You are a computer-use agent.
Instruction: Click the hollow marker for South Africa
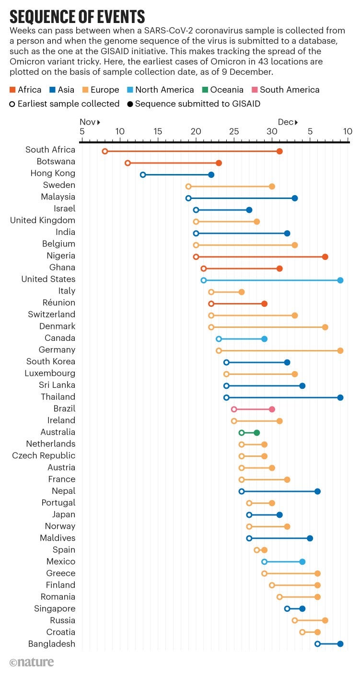point(105,152)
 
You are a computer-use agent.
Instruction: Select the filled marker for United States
point(340,280)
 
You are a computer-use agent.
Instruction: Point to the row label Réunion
point(59,303)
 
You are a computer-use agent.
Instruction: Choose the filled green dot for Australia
point(257,432)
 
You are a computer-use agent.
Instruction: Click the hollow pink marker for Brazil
point(234,409)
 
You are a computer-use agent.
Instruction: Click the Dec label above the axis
point(286,122)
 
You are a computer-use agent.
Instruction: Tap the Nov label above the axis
point(88,122)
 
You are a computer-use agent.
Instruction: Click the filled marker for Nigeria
point(325,257)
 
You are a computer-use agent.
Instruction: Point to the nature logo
point(32,662)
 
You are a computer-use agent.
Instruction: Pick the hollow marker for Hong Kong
point(143,175)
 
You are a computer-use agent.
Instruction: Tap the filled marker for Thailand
point(340,397)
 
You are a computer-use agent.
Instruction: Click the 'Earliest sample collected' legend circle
point(12,104)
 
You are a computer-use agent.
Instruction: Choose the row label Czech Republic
point(44,455)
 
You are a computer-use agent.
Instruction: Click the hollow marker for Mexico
point(264,562)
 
